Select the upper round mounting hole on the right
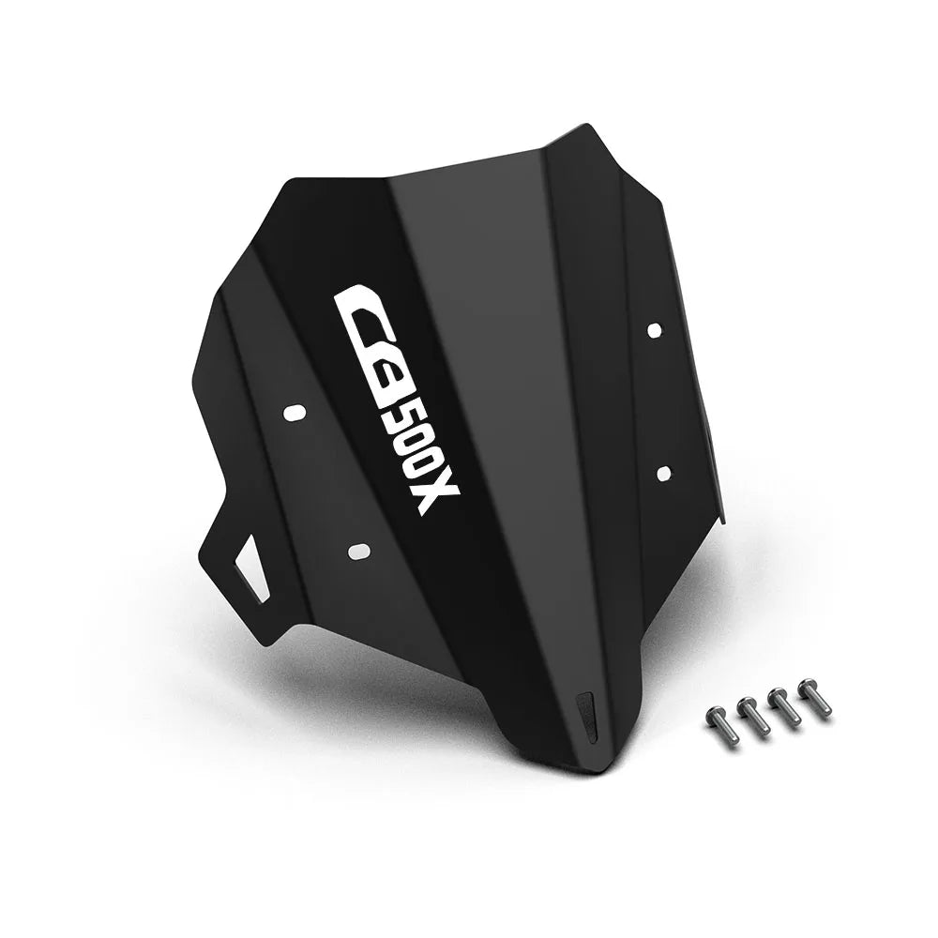tap(655, 329)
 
